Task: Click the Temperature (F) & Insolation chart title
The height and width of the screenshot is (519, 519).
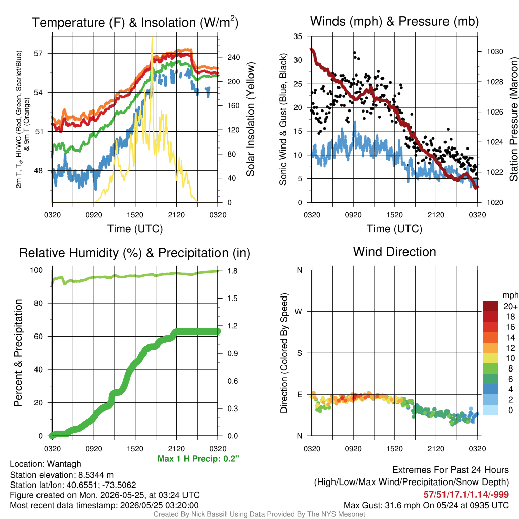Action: [135, 22]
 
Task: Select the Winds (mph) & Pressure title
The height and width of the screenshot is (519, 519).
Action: [394, 21]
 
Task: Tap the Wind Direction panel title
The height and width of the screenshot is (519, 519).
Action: [394, 252]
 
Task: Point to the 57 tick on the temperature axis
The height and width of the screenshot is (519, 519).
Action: [39, 53]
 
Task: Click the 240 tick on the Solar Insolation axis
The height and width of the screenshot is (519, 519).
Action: [233, 57]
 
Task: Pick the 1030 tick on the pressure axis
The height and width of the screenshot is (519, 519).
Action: [495, 52]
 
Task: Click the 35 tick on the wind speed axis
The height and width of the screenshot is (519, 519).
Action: [298, 36]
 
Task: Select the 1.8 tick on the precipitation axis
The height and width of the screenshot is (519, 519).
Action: [232, 271]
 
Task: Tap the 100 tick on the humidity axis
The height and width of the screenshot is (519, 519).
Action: [36, 270]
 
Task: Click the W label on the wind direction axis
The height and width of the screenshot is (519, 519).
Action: [299, 312]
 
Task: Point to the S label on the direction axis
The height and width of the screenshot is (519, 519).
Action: [299, 353]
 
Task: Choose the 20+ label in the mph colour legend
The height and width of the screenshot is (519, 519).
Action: [510, 307]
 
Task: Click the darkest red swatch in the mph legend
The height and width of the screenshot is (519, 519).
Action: [491, 306]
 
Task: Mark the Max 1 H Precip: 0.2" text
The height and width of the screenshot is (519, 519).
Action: [198, 459]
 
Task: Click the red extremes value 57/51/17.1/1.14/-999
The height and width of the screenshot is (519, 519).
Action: [466, 495]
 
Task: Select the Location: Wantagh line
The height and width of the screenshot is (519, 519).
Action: [45, 464]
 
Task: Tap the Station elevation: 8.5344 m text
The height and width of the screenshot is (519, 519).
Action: [61, 475]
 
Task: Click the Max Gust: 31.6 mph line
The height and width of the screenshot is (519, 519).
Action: [426, 505]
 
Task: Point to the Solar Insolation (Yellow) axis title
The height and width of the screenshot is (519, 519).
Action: [251, 119]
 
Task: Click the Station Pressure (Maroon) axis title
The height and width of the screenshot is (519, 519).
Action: [513, 119]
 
